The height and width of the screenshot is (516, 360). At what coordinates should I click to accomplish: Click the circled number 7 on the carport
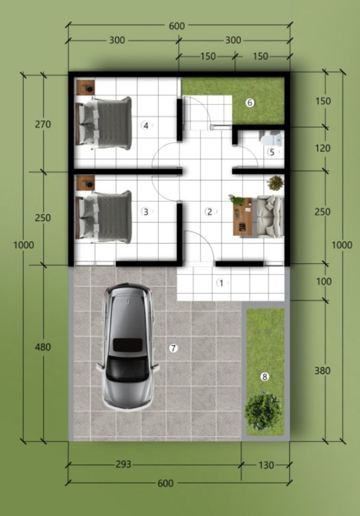click(x=173, y=348)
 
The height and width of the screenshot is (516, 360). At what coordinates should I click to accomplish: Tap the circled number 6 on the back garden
click(x=250, y=103)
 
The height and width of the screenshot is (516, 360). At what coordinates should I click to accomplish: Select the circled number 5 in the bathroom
click(x=272, y=152)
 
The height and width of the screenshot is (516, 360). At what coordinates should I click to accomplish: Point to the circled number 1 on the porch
click(x=221, y=283)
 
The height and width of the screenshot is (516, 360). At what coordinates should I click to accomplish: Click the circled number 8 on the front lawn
click(x=264, y=377)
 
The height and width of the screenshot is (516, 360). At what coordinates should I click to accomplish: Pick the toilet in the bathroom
click(x=271, y=139)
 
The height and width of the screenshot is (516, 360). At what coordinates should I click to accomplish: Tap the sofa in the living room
click(x=270, y=216)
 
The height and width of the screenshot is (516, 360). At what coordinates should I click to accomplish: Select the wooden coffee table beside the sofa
click(x=242, y=216)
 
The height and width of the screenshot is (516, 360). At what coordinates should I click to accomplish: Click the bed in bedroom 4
click(x=104, y=124)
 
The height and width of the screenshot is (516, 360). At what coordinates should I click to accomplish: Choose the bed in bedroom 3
click(x=104, y=216)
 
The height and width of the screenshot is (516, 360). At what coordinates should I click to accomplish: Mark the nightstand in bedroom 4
click(x=85, y=87)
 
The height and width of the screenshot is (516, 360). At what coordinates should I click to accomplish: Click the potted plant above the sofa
click(x=275, y=183)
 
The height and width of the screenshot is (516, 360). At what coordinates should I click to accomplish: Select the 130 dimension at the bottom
click(x=266, y=465)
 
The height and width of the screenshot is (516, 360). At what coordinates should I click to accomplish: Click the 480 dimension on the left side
click(x=43, y=347)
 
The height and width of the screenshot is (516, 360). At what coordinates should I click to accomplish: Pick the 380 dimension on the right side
click(x=323, y=371)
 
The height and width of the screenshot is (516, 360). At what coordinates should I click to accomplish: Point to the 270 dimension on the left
click(x=43, y=124)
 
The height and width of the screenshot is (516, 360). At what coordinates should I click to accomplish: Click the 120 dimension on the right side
click(x=323, y=148)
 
